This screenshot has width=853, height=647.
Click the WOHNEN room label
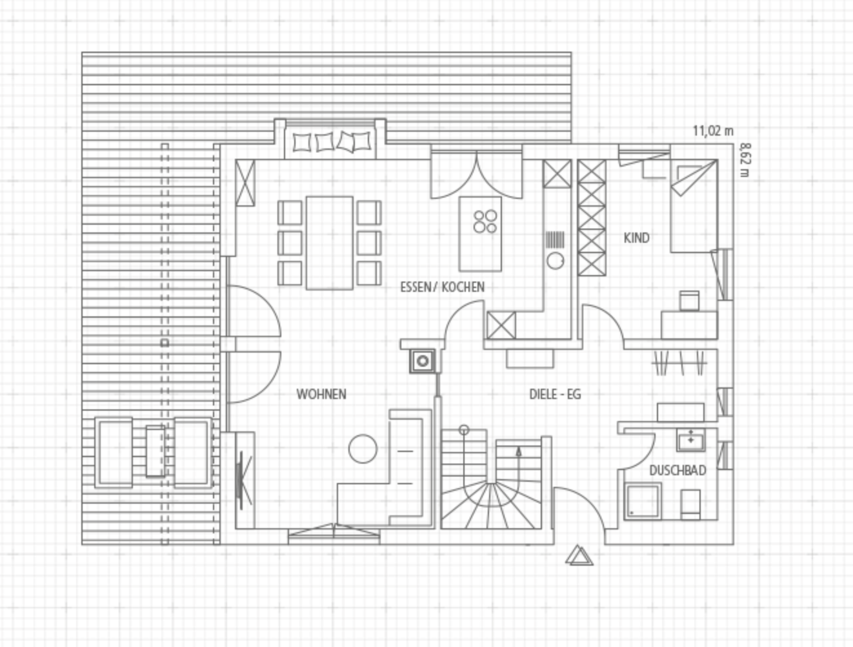(321, 395)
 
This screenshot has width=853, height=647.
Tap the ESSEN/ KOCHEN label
(442, 287)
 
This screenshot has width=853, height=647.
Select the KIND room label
(637, 238)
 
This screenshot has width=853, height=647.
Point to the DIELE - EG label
(556, 395)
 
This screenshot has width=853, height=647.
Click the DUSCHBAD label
(677, 471)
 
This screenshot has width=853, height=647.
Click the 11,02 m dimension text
(713, 131)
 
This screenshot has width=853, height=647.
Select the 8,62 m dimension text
(745, 159)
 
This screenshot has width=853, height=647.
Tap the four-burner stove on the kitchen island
(485, 221)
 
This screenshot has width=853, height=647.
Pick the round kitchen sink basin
(556, 260)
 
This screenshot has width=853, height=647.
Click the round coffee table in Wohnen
(363, 449)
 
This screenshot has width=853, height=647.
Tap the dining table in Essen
(330, 243)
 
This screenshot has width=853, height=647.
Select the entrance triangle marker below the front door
(579, 555)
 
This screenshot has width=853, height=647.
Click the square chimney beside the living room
(423, 361)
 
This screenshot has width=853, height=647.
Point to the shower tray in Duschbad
(643, 501)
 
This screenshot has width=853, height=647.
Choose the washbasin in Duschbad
(690, 440)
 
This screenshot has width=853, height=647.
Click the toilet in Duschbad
(690, 504)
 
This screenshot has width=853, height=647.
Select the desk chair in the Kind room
(689, 300)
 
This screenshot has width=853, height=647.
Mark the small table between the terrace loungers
(156, 451)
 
